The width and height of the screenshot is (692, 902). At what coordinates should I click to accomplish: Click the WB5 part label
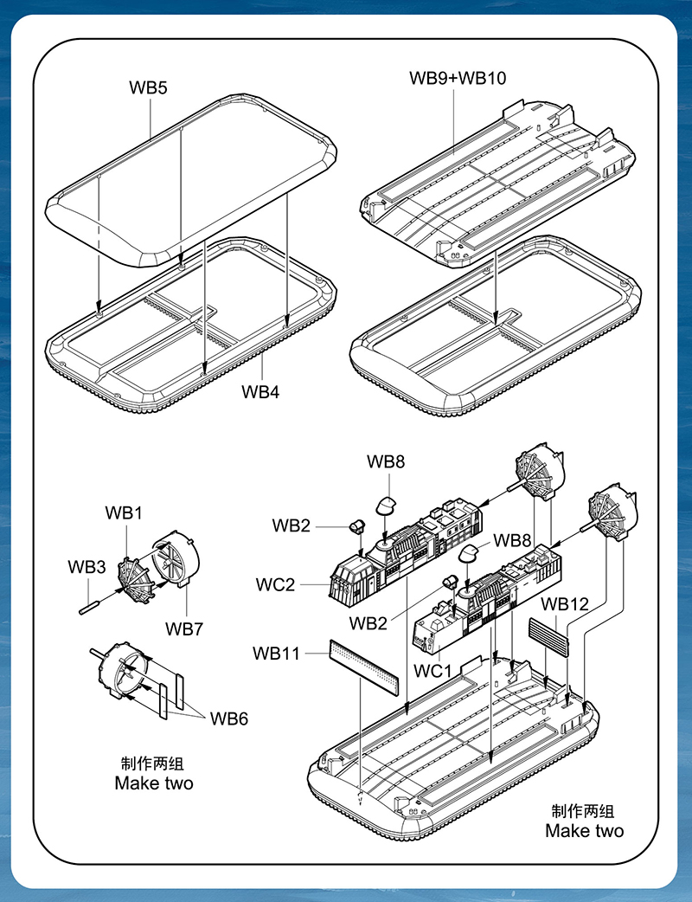(148, 87)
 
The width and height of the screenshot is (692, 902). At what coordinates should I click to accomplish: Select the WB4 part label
(260, 391)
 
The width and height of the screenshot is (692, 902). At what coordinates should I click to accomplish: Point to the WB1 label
(124, 512)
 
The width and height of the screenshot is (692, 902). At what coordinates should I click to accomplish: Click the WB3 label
(86, 567)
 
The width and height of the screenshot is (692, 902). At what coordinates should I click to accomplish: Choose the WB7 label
(184, 628)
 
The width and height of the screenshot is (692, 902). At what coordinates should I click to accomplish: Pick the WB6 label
(229, 718)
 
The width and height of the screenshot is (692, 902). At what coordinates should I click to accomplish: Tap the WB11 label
(277, 654)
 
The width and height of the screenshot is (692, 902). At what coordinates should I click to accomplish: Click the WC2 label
(275, 584)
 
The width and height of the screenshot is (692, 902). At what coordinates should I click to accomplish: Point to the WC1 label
(433, 671)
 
